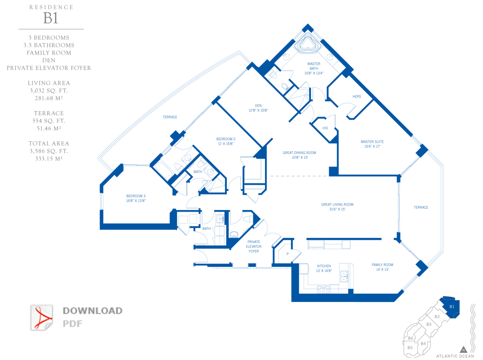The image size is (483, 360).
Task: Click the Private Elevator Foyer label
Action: pos(254,246)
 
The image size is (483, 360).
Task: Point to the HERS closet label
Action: pos(357,96)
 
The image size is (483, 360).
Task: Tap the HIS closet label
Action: pos(325,128)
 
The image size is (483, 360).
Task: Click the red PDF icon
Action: pos(42,318)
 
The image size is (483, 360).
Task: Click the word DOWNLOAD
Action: pos(93,311)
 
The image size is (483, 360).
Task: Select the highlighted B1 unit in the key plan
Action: pos(450,307)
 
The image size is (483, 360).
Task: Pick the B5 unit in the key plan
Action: pos(410,348)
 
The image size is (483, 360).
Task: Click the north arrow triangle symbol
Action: pos(463,349)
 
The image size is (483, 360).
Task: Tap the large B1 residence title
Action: pos(51,18)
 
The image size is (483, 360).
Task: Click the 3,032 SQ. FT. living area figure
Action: pos(49,90)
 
